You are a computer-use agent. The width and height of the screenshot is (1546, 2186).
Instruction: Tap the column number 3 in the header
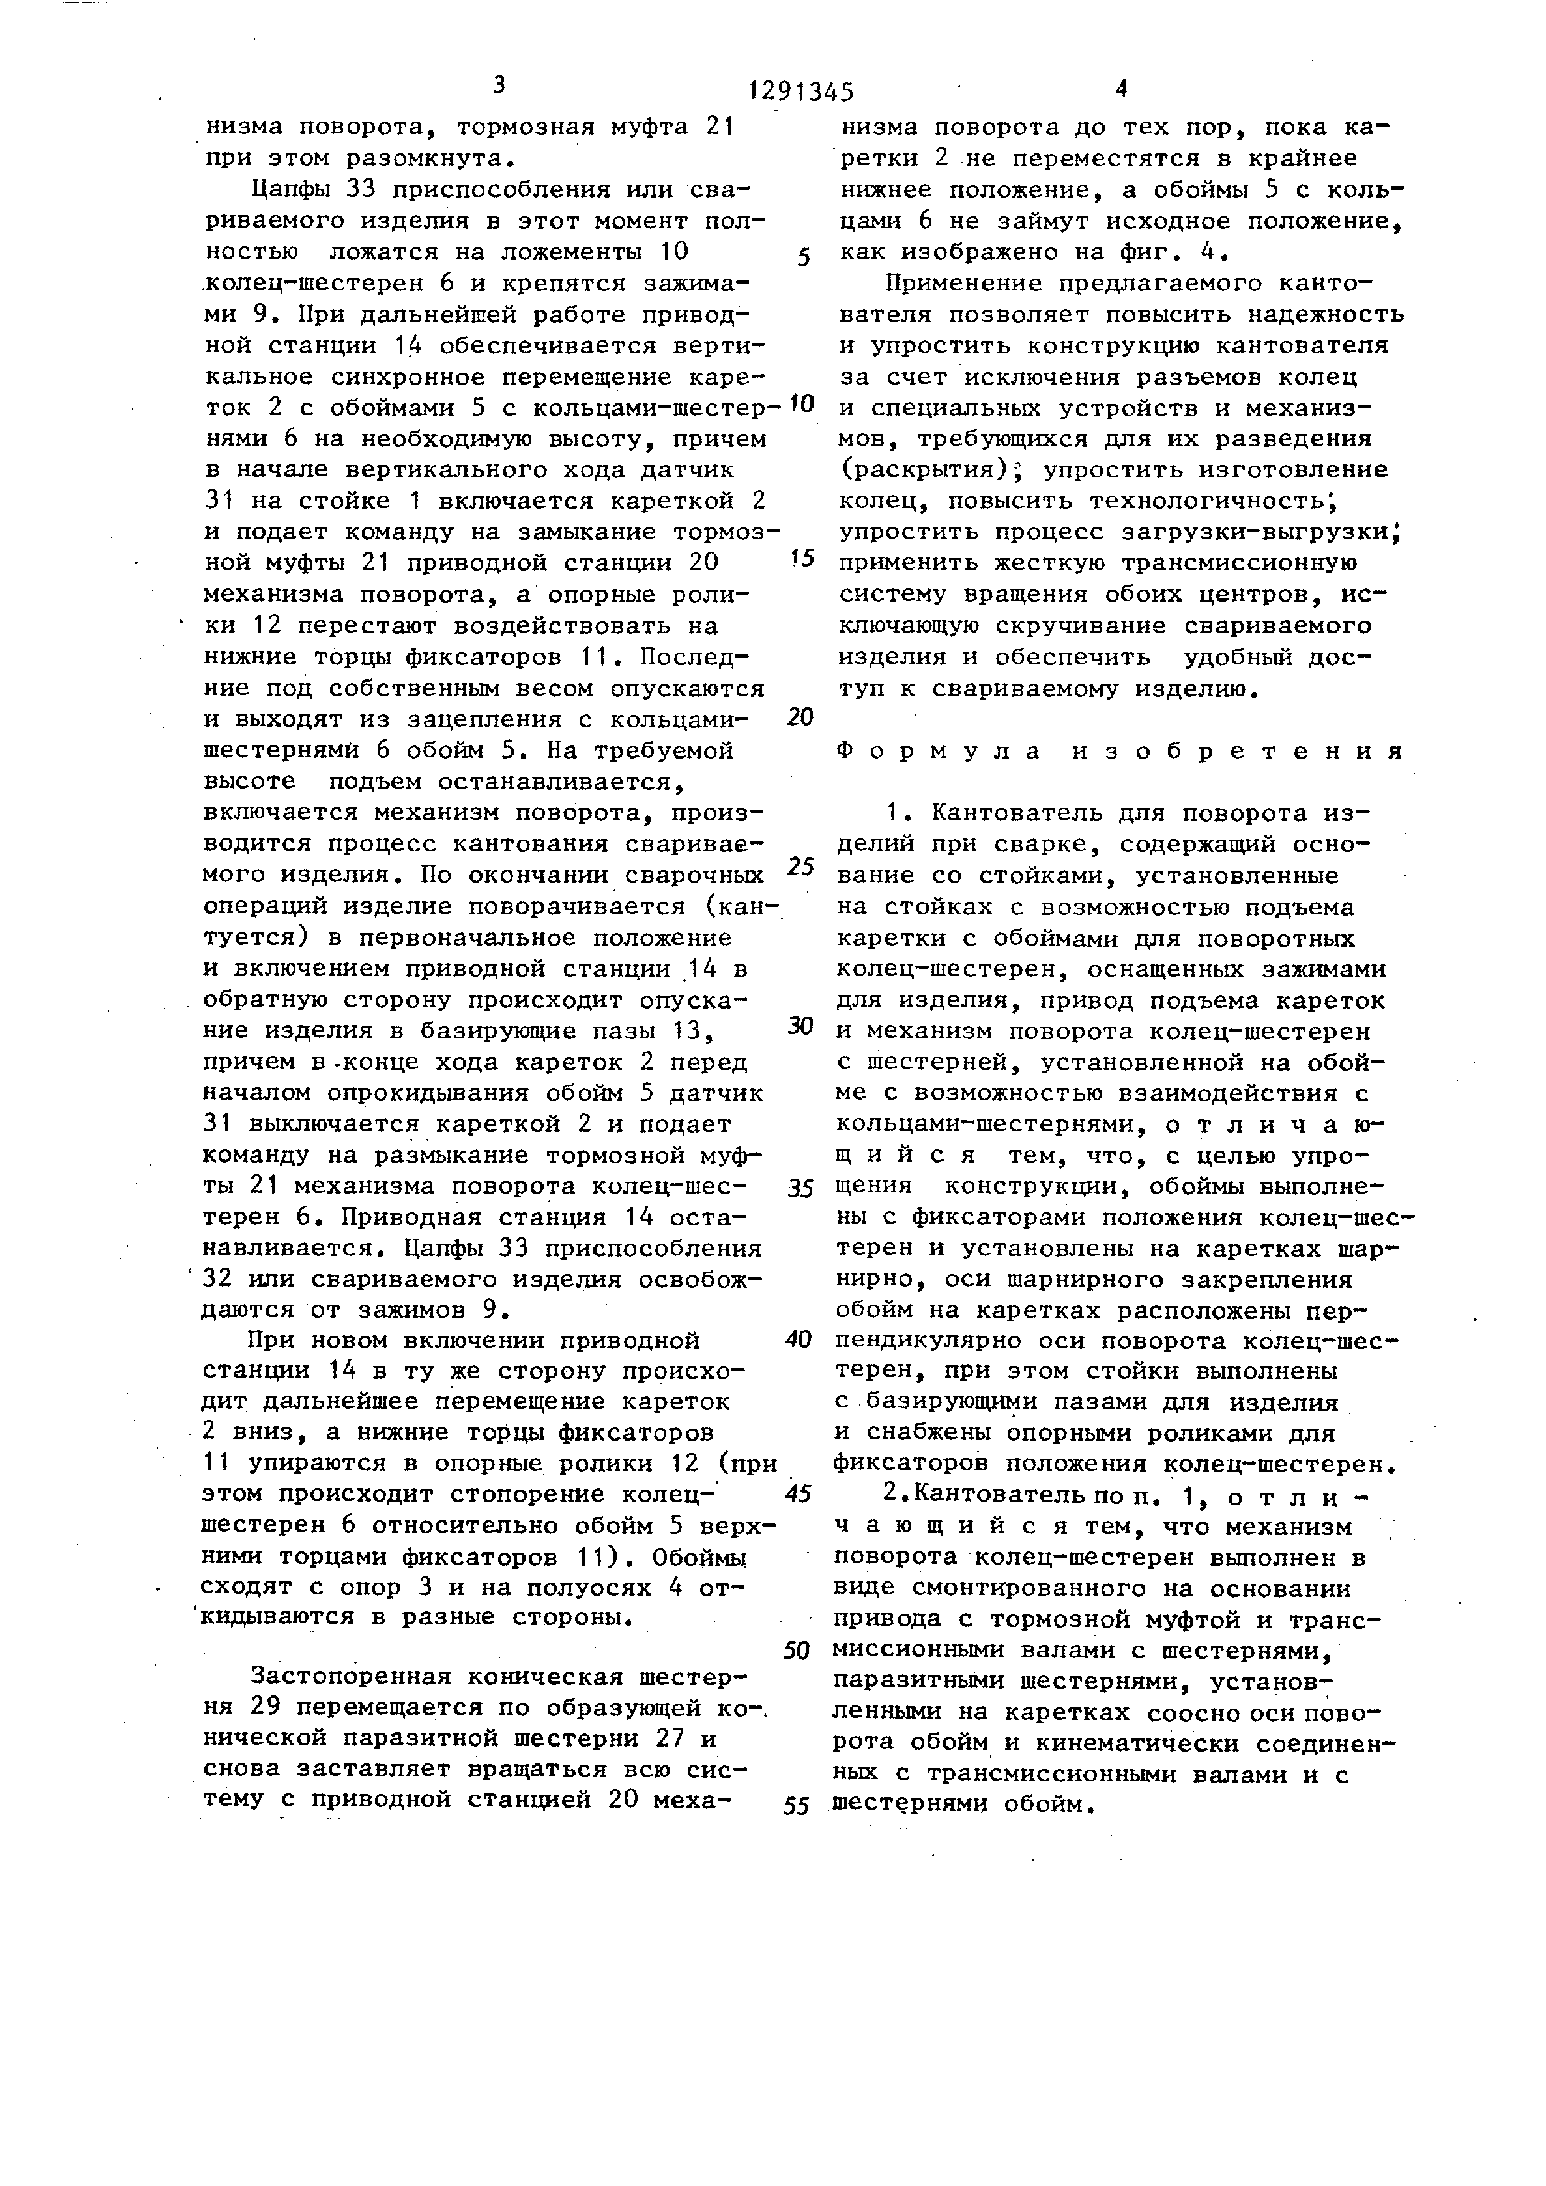[x=499, y=85]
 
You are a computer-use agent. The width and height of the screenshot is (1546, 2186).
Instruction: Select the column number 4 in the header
[x=1120, y=89]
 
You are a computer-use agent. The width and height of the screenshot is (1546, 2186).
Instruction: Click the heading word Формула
[x=928, y=751]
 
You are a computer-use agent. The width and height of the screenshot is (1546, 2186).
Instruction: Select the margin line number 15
[x=802, y=557]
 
